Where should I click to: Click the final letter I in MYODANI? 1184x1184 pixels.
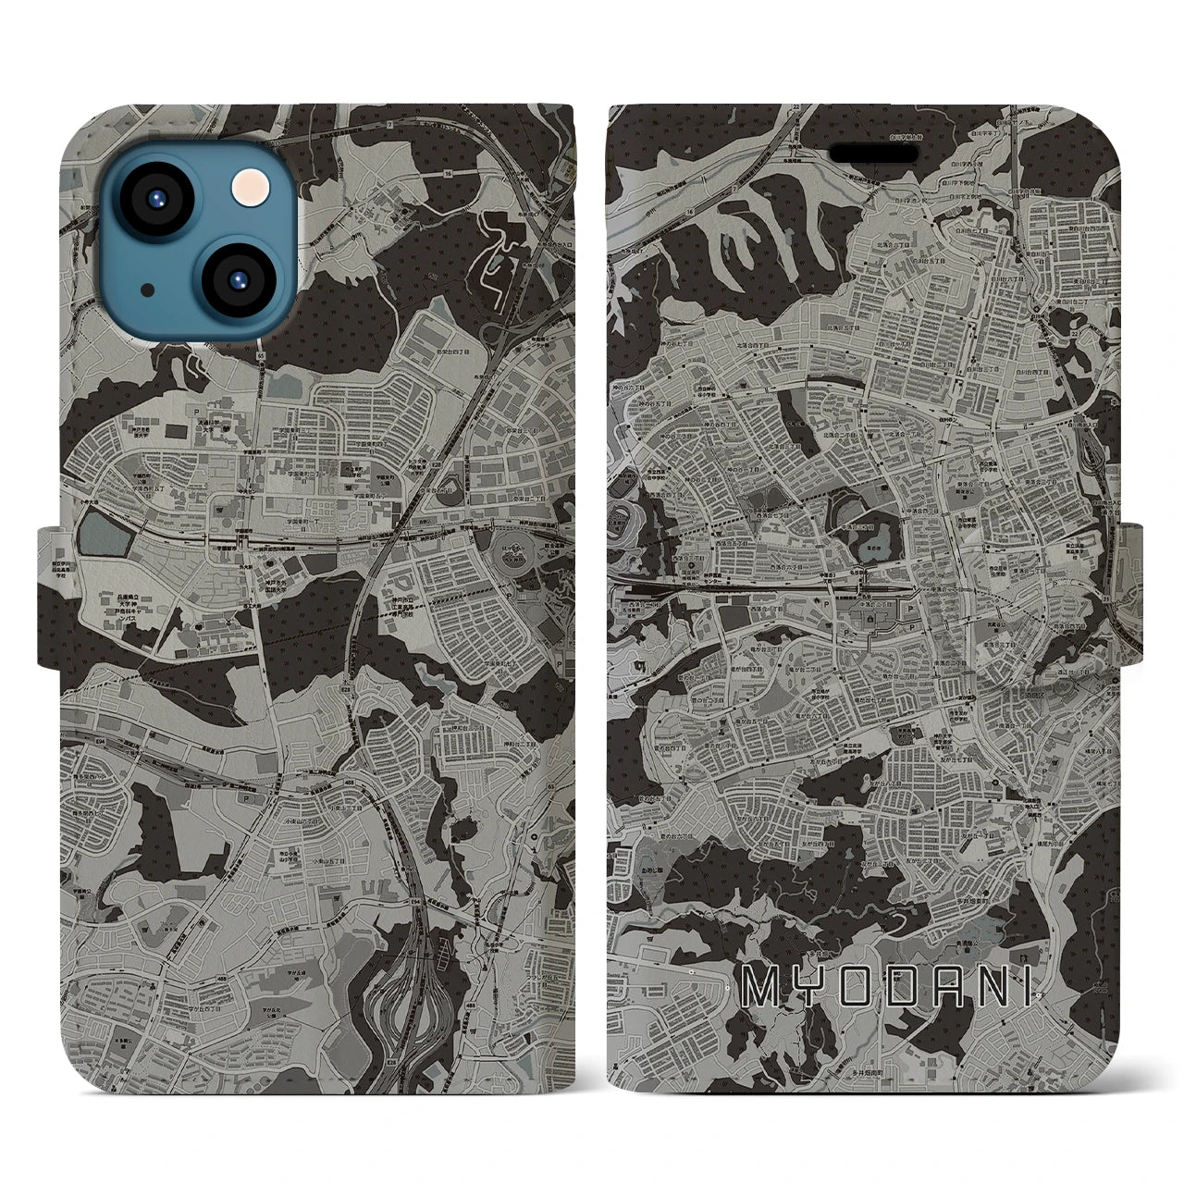1030,988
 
